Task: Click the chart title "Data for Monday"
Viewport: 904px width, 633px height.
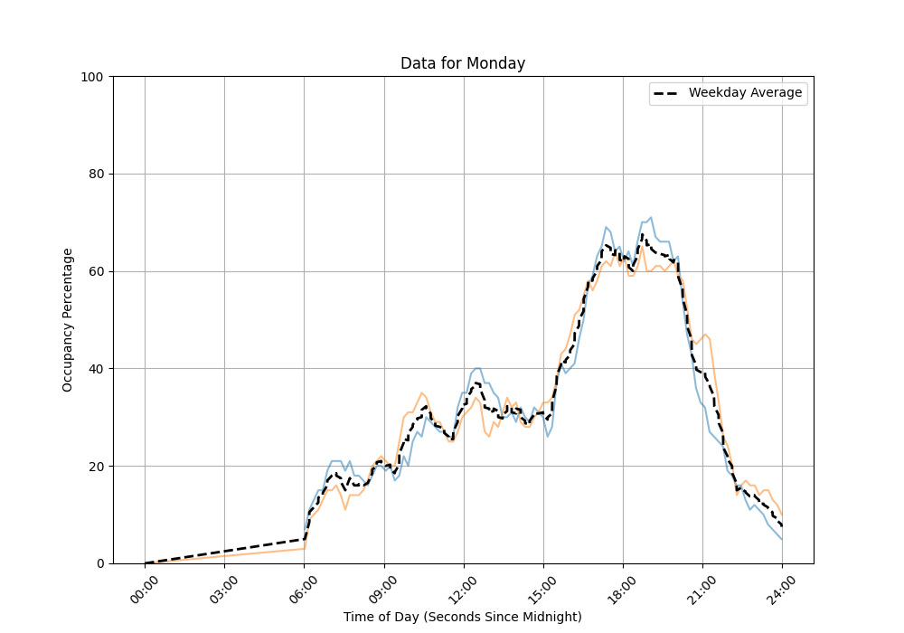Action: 463,63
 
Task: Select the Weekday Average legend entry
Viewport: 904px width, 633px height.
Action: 728,93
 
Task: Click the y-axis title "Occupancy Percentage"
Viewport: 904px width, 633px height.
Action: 68,319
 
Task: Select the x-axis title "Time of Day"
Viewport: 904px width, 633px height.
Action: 463,617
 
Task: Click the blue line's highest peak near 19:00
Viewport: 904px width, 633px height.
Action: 650,218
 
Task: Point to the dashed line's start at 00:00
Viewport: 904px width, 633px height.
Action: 146,562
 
